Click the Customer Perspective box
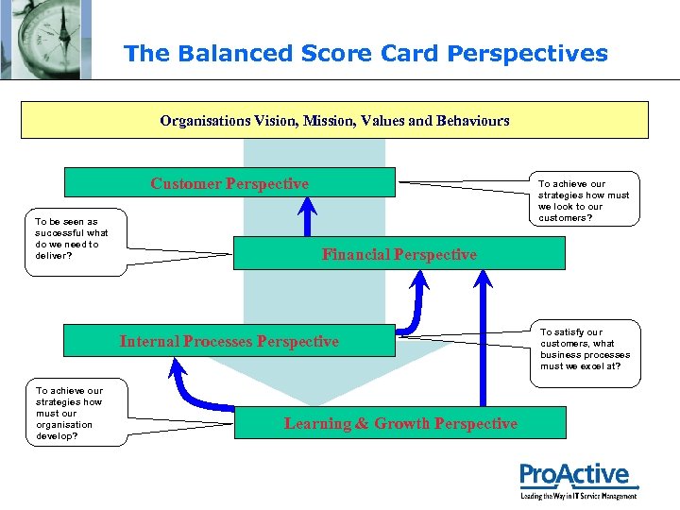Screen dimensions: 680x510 pos(229,182)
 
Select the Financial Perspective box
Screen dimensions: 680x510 pos(399,253)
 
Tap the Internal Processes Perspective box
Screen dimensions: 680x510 pos(229,341)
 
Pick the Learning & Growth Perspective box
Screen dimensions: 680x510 pos(400,423)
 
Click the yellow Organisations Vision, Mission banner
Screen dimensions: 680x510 pos(334,120)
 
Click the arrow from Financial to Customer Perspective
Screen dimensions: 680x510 pos(308,217)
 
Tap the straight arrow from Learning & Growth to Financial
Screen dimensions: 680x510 pos(484,338)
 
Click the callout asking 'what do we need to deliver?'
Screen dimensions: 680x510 pos(76,242)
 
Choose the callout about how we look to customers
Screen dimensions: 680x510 pos(585,198)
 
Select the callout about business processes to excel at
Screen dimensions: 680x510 pos(585,353)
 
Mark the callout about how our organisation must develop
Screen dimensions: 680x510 pos(76,413)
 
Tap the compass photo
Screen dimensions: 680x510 pos(46,40)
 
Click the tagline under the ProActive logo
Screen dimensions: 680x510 pos(579,496)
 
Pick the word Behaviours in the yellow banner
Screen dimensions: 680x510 pos(473,120)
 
